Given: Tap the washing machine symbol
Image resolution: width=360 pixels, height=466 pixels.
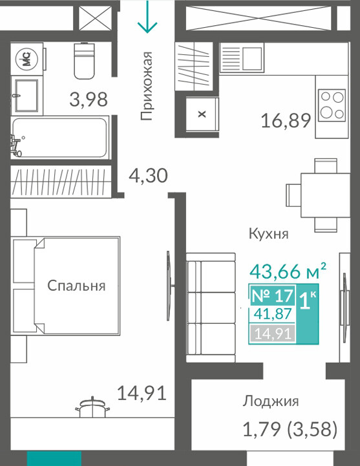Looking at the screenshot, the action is click(x=27, y=59).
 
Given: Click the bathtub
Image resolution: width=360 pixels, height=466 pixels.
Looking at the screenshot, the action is click(x=59, y=138).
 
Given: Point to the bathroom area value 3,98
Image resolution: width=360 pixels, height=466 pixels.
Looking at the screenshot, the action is click(x=89, y=100).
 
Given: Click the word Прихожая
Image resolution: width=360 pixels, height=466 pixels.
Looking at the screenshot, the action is click(x=147, y=86).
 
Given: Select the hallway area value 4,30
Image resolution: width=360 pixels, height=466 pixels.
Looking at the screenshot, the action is click(x=148, y=175).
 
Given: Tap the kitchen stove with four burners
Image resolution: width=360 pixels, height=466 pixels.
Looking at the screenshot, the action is click(x=332, y=105).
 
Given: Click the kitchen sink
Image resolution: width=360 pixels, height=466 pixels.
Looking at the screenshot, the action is click(x=242, y=58).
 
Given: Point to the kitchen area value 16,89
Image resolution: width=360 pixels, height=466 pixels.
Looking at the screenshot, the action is click(x=286, y=121).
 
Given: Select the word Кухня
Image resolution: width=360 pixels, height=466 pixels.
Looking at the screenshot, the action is click(x=269, y=234).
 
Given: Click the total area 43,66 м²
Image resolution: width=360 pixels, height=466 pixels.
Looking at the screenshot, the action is click(x=288, y=271).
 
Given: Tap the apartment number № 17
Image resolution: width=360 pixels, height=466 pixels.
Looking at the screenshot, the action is click(x=272, y=296).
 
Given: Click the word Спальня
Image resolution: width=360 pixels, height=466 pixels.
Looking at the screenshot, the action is click(x=76, y=286).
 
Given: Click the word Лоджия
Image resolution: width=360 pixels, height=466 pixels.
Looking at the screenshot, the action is click(x=271, y=402).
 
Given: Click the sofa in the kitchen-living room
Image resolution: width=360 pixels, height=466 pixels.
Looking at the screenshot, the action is click(x=211, y=308).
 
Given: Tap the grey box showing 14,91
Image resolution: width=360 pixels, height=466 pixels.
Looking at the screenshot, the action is click(x=273, y=334).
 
